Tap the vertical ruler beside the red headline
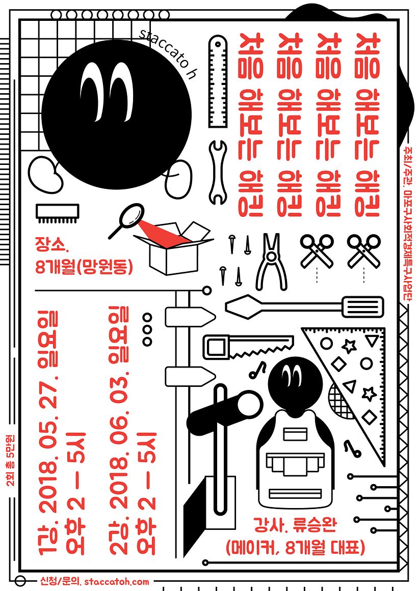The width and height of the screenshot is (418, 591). [x=218, y=81]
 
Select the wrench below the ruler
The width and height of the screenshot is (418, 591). [x=218, y=172]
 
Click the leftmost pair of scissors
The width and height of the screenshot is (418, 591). [x=317, y=250]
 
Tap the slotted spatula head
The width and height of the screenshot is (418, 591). [x=364, y=306]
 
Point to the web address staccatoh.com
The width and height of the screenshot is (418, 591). [x=116, y=581]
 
